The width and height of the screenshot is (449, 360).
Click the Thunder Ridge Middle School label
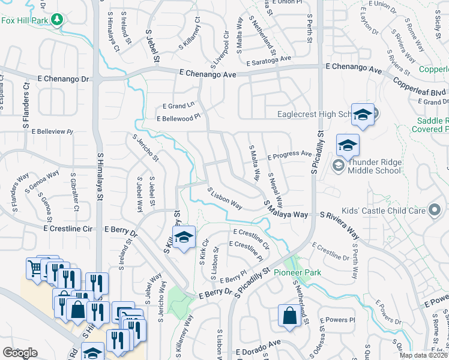(374, 166)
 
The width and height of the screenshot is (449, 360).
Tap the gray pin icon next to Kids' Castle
(435, 210)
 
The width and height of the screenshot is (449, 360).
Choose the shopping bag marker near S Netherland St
(289, 316)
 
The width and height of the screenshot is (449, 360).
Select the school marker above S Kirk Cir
(184, 238)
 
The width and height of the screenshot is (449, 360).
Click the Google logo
(19, 353)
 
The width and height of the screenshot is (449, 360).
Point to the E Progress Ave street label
(290, 155)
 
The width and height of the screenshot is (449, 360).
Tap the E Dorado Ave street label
(258, 350)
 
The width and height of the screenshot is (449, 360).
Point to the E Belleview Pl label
(52, 131)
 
